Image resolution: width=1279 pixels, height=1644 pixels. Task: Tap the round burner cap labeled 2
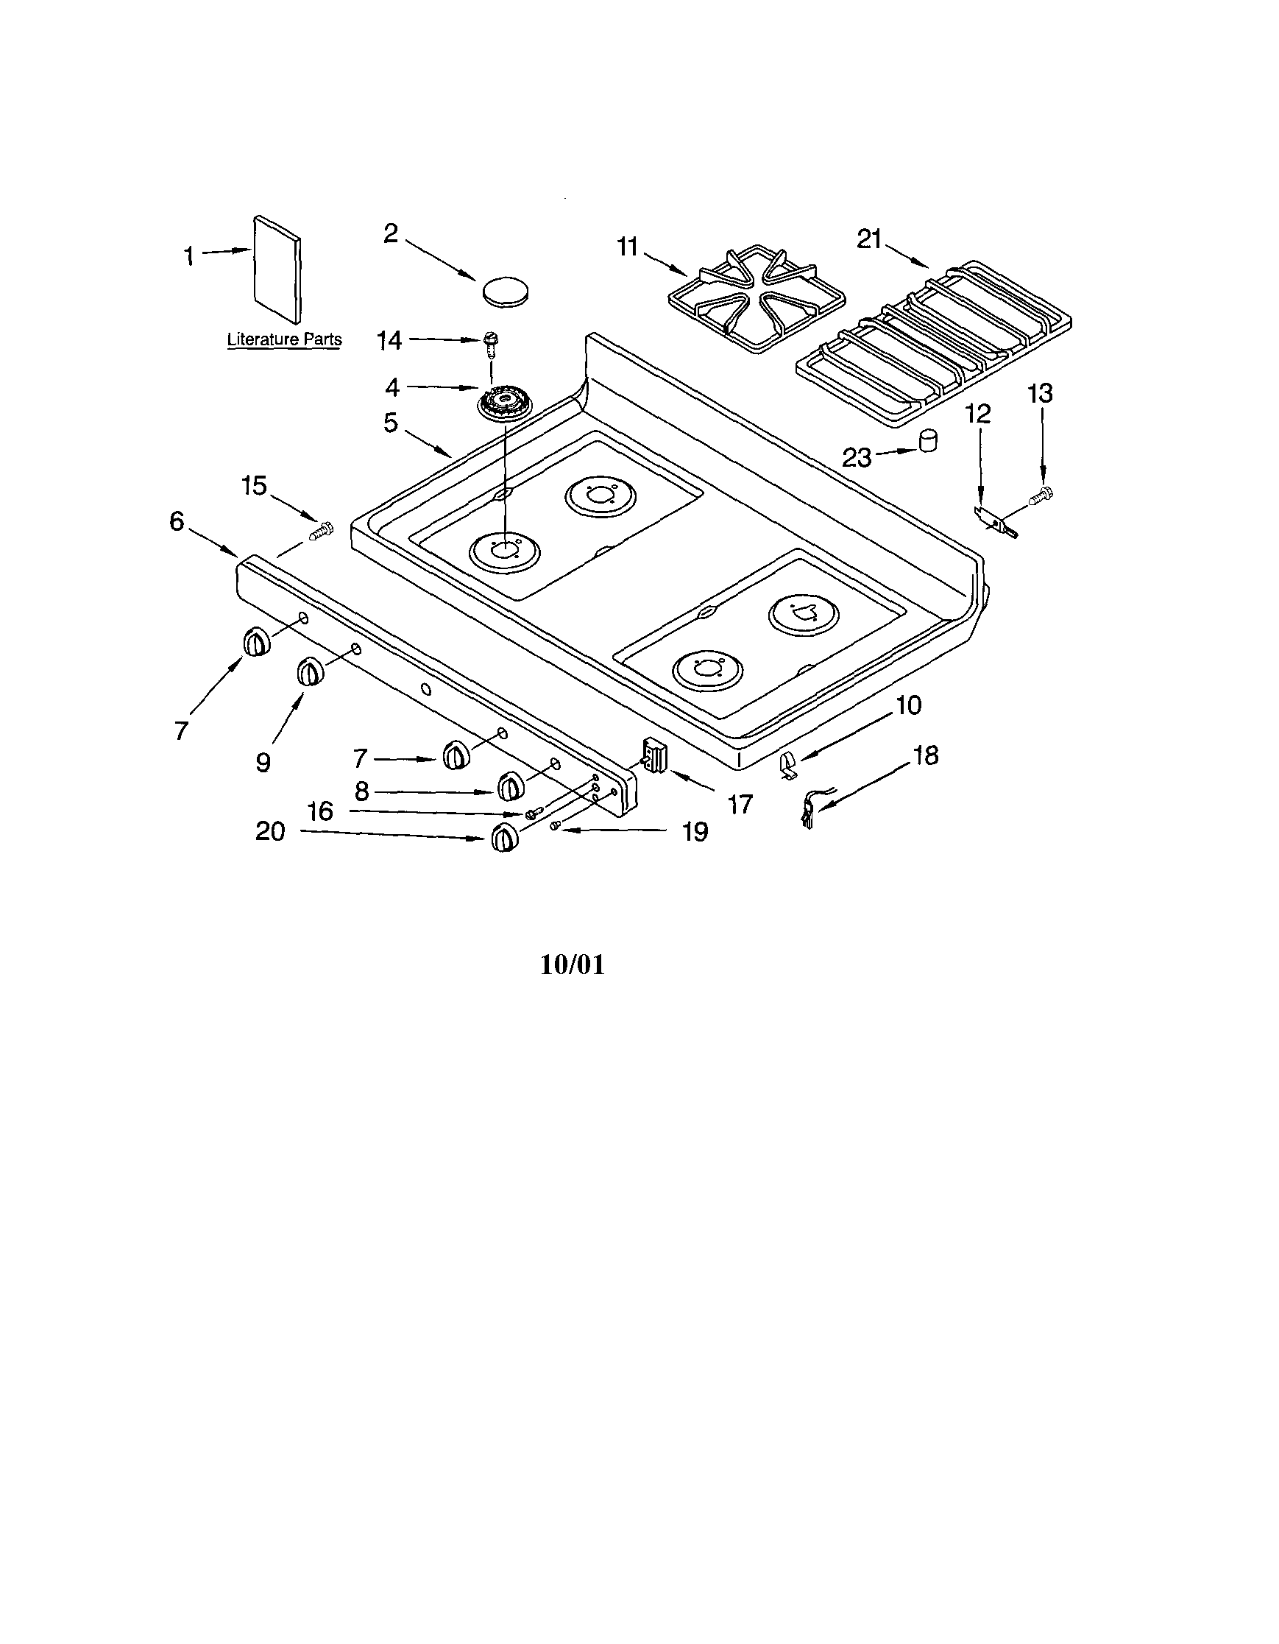(x=504, y=291)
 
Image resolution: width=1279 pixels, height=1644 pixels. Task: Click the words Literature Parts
(x=284, y=339)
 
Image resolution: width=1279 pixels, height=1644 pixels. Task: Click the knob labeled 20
(x=504, y=837)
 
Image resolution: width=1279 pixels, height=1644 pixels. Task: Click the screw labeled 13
(x=1043, y=495)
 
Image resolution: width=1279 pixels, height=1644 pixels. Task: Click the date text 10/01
(x=573, y=965)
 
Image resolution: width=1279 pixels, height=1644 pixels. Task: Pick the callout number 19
(x=695, y=831)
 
